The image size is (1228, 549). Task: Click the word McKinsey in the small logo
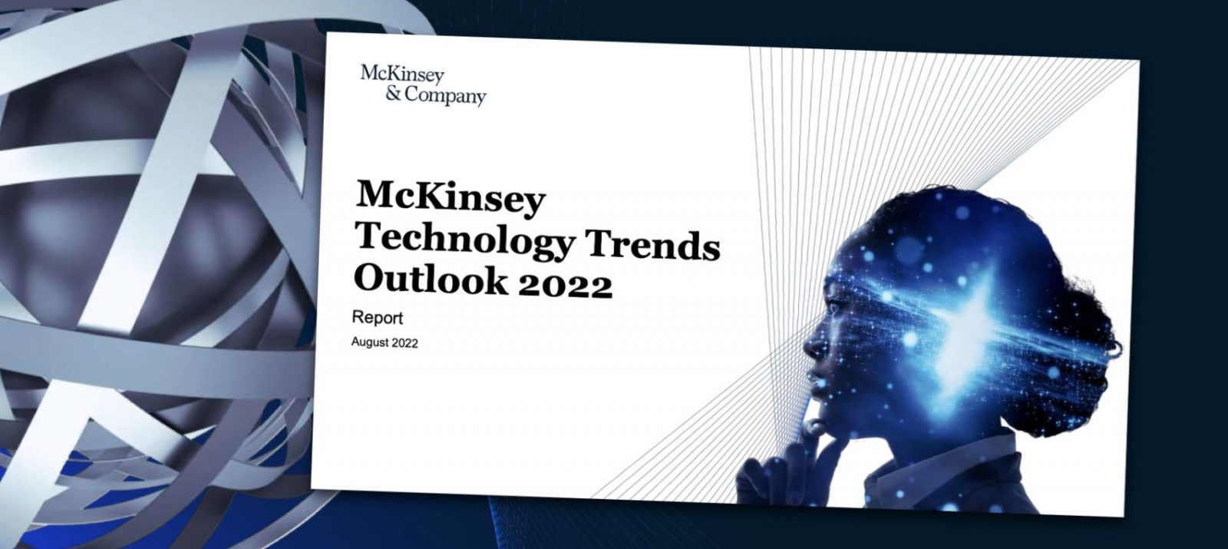(x=402, y=74)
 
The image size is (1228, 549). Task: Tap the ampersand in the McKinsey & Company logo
(x=393, y=93)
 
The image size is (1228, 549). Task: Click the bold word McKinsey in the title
(x=451, y=197)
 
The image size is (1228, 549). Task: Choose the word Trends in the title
(x=653, y=245)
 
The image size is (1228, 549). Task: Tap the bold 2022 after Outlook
(x=565, y=285)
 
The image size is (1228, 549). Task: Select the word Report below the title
(x=377, y=318)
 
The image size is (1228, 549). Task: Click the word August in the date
(x=369, y=342)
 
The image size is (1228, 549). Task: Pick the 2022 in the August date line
(x=404, y=343)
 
